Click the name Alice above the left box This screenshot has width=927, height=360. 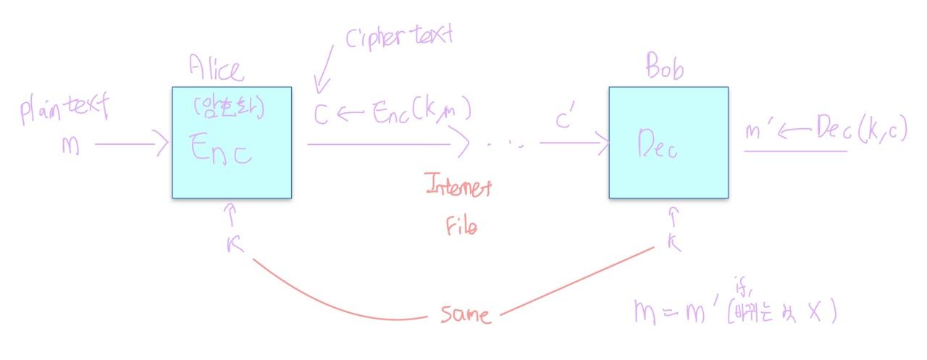tap(216, 68)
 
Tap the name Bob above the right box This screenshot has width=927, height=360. tap(665, 70)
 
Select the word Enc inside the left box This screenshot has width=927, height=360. tap(221, 148)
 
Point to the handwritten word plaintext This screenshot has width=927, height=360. tap(64, 109)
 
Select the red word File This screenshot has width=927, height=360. tap(461, 226)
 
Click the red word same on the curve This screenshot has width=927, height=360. tap(464, 314)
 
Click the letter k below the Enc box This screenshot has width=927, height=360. tap(233, 244)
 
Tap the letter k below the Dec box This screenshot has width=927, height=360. tap(674, 243)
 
